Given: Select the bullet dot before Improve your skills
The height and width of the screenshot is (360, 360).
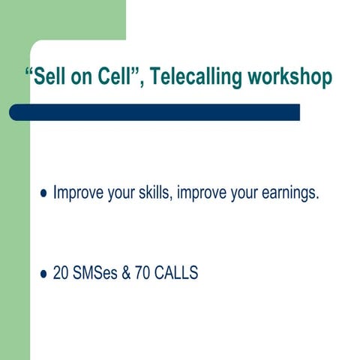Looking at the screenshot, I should pos(43,194).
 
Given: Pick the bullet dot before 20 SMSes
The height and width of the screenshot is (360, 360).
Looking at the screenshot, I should pos(43,274).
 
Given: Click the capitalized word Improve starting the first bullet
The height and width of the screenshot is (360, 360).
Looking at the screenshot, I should pos(77,193).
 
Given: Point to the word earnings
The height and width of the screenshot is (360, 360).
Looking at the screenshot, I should pos(291,193).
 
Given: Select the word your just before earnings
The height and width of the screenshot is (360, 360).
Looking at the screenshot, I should pos(246,193).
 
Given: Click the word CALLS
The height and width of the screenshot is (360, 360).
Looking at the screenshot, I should pos(176,274).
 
